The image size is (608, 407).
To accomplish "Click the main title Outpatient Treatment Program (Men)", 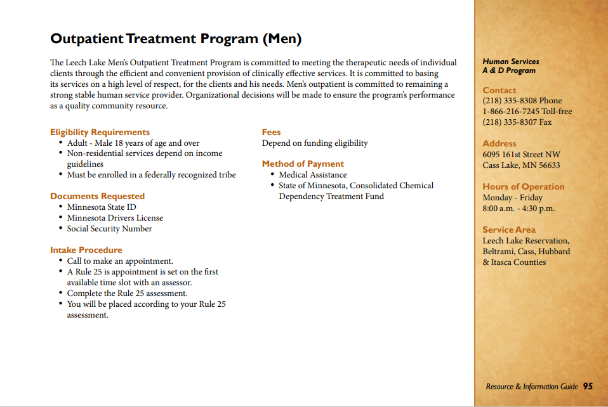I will click(176, 39).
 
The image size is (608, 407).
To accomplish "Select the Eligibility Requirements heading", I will click(100, 132).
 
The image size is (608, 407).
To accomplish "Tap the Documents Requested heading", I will click(97, 196).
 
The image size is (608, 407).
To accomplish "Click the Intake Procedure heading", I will click(86, 250).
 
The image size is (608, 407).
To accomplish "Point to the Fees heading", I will click(271, 132).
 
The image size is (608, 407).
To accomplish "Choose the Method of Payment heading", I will click(303, 164).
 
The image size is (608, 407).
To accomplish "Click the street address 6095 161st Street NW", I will click(521, 155).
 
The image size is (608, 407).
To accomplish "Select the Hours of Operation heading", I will click(523, 186).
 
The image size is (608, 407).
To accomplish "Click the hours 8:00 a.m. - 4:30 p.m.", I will click(519, 209).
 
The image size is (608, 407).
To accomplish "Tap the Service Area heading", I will click(509, 229).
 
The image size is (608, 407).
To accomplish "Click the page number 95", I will click(588, 386).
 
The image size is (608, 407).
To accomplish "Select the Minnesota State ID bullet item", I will click(102, 207).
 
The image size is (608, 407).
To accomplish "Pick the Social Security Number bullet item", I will click(109, 229).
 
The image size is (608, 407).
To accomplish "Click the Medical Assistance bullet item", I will click(313, 175).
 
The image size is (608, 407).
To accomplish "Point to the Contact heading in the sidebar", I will click(499, 90).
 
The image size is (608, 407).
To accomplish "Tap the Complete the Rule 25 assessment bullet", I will click(127, 294).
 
